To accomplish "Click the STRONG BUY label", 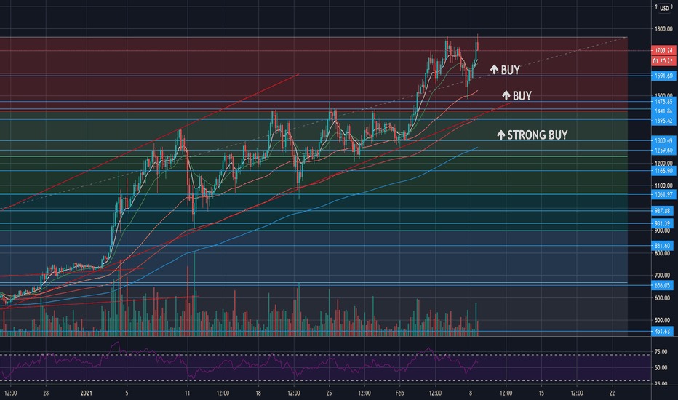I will pyautogui.click(x=532, y=135).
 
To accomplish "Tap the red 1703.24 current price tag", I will pyautogui.click(x=663, y=51).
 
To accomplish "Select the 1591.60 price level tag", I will pyautogui.click(x=663, y=75).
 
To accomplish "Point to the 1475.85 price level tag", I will pyautogui.click(x=663, y=102).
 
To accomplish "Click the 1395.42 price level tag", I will pyautogui.click(x=663, y=119).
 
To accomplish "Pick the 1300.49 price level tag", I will pyautogui.click(x=663, y=140).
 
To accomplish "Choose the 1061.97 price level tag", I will pyautogui.click(x=663, y=194).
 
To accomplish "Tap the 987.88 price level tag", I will pyautogui.click(x=663, y=210).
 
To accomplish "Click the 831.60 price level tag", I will pyautogui.click(x=663, y=246).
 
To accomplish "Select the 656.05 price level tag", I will pyautogui.click(x=663, y=285).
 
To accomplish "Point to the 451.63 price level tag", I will pyautogui.click(x=663, y=332).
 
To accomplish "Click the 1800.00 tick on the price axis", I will pyautogui.click(x=663, y=29).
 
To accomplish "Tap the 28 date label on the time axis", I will pyautogui.click(x=45, y=392).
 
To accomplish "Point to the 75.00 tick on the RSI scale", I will pyautogui.click(x=661, y=351).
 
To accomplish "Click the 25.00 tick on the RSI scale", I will pyautogui.click(x=661, y=382).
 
